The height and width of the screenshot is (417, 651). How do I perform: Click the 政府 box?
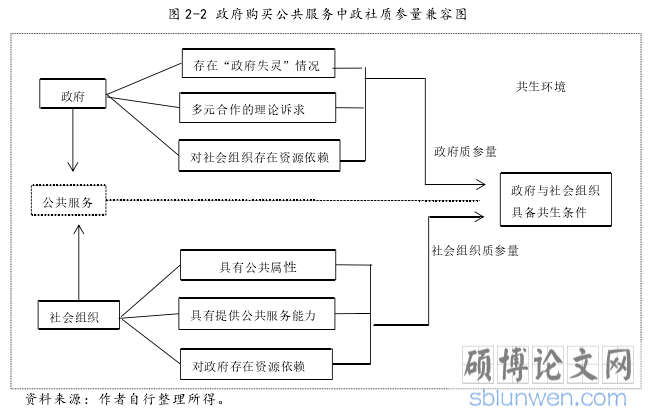[73, 96]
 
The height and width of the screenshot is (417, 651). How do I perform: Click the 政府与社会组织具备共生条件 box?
[555, 200]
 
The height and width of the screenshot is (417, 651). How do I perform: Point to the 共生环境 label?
[542, 88]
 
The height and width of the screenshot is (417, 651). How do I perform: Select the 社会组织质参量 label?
[475, 250]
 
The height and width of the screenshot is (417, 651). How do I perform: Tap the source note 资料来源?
[125, 397]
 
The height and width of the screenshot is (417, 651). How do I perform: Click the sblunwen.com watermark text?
[555, 399]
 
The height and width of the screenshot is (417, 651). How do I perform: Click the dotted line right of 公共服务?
[300, 200]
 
